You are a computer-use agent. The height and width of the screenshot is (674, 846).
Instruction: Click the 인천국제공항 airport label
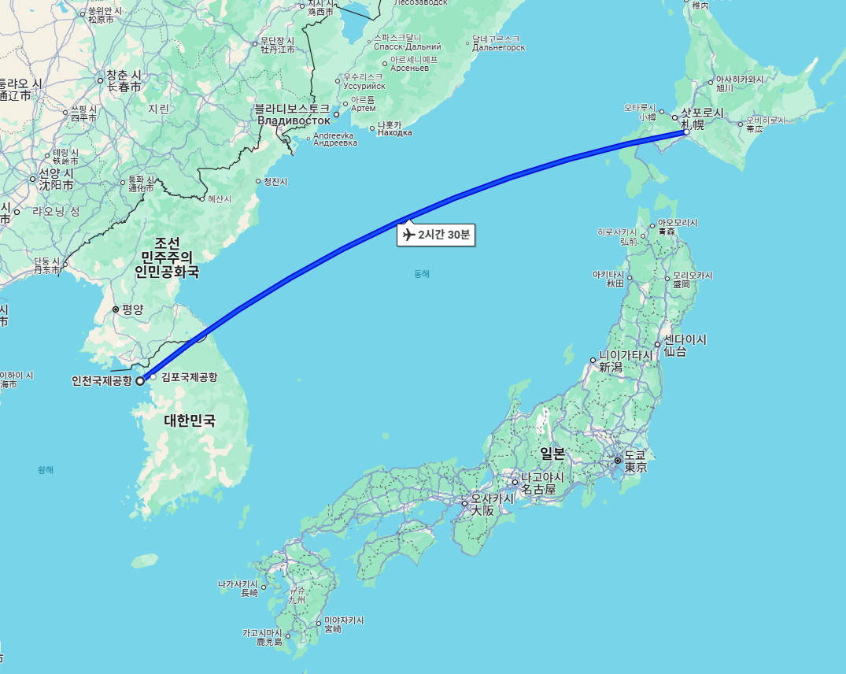102,381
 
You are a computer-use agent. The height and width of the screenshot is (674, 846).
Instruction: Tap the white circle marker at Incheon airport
140,381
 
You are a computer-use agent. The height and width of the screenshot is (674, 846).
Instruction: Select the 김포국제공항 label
189,377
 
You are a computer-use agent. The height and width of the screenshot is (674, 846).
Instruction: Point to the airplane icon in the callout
408,235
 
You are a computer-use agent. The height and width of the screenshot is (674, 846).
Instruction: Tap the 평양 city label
132,309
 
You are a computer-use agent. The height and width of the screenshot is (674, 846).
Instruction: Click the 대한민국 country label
189,420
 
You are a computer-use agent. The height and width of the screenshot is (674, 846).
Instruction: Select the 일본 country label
552,454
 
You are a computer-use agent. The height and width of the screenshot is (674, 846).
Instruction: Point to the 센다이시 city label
685,340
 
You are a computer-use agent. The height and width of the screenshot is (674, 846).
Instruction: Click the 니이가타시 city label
626,355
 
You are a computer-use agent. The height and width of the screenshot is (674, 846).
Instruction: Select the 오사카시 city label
493,498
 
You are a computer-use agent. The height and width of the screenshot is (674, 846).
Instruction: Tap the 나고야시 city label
542,478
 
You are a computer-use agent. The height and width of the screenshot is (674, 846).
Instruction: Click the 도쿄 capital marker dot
618,460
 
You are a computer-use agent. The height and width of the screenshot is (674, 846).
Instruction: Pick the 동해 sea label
422,274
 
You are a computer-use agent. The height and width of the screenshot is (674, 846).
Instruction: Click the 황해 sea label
46,470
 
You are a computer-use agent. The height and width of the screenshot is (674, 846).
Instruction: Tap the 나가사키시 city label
238,584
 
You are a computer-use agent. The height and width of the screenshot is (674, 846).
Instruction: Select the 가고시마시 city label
262,633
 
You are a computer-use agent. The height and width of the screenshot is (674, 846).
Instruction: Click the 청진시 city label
275,182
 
